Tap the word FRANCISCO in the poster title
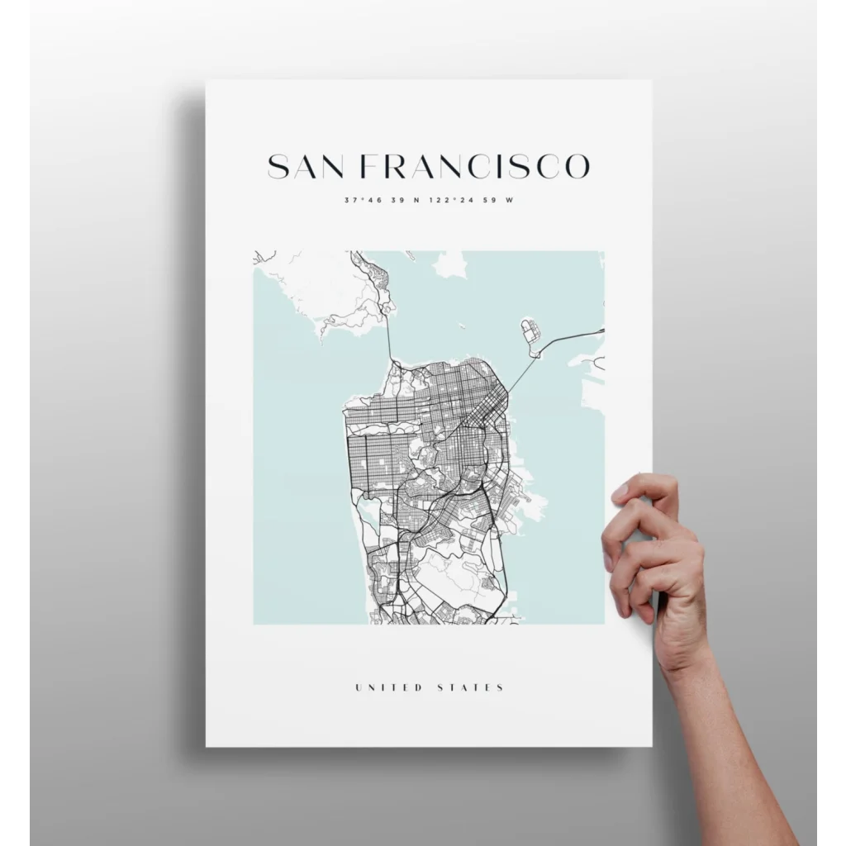point(477,166)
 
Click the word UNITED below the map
point(388,687)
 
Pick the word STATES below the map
point(473,687)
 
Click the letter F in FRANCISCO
point(374,166)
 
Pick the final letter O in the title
point(577,166)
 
